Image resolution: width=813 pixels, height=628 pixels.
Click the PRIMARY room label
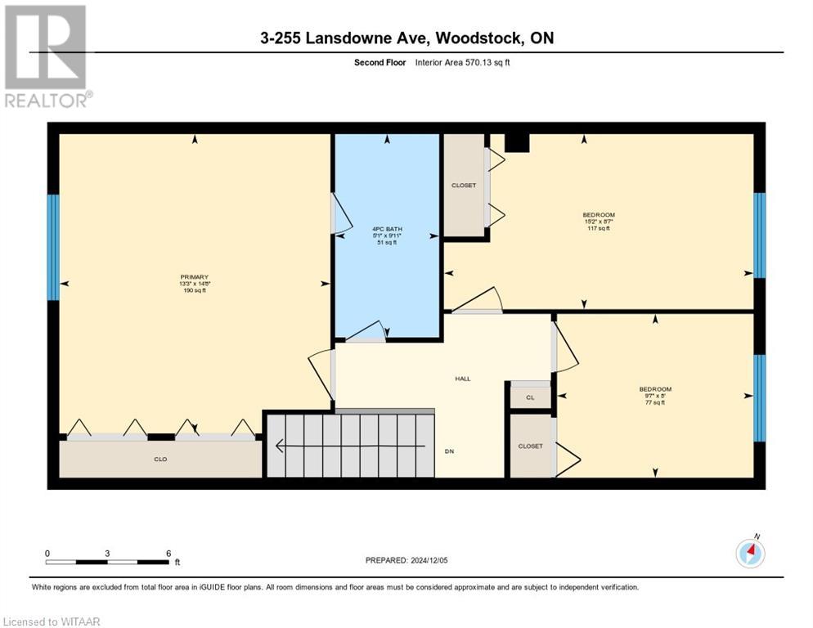[194, 283]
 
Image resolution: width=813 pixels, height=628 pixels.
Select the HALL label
[462, 378]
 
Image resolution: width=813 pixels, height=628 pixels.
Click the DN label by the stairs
[449, 451]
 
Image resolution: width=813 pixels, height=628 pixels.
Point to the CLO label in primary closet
[160, 460]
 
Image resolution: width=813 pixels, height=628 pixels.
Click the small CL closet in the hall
[530, 397]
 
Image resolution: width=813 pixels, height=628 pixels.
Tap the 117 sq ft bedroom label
[596, 222]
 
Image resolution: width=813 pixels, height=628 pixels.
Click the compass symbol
[750, 554]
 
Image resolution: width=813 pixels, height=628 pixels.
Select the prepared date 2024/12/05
[406, 560]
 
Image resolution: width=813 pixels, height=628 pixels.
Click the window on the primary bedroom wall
[53, 247]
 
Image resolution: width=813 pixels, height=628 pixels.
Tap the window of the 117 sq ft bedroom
[759, 235]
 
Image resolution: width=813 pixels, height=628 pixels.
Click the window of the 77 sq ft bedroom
[759, 397]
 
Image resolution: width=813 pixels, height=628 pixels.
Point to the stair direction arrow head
[280, 446]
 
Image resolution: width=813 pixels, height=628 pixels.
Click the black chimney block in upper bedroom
[517, 143]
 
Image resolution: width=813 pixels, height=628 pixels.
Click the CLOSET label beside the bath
[464, 186]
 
